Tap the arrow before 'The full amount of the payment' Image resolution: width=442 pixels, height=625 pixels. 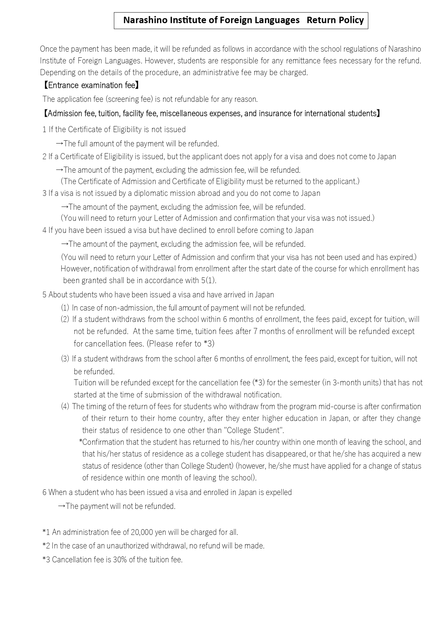[x=59, y=144]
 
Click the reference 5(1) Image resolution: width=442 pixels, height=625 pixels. [x=208, y=281]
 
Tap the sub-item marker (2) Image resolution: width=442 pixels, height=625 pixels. [x=65, y=319]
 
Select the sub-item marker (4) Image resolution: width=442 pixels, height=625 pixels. [x=65, y=407]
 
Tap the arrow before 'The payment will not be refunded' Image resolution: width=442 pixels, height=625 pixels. [x=61, y=506]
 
